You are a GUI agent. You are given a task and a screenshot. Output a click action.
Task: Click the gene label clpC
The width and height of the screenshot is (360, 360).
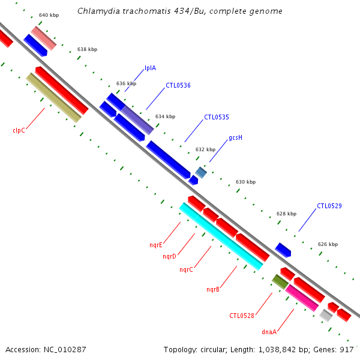pyautogui.click(x=19, y=130)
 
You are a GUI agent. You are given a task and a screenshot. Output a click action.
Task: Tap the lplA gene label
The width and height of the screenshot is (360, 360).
pyautogui.click(x=150, y=68)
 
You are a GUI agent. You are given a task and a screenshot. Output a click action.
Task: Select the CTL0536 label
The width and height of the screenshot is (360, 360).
pyautogui.click(x=178, y=85)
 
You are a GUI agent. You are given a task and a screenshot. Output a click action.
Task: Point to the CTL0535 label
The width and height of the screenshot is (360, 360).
pyautogui.click(x=217, y=117)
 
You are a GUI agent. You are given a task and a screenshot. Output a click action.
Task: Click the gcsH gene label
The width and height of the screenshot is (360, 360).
pyautogui.click(x=235, y=137)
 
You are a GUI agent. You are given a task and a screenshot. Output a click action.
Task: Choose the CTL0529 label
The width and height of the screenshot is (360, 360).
pyautogui.click(x=329, y=206)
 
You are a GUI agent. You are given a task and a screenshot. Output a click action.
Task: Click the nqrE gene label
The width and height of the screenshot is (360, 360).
pyautogui.click(x=156, y=245)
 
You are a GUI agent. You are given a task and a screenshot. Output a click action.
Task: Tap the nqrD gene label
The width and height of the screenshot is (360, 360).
pyautogui.click(x=169, y=257)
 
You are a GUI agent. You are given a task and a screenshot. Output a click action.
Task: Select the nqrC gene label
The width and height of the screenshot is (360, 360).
pyautogui.click(x=186, y=269)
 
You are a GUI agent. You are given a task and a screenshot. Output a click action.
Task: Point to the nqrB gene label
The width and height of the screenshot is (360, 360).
pyautogui.click(x=213, y=289)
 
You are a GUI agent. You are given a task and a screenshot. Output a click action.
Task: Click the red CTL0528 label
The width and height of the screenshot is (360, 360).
pyautogui.click(x=242, y=316)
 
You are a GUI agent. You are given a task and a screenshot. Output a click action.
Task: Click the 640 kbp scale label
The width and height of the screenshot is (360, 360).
pyautogui.click(x=48, y=14)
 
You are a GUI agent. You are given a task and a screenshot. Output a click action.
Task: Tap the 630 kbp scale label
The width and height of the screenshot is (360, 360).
pyautogui.click(x=245, y=182)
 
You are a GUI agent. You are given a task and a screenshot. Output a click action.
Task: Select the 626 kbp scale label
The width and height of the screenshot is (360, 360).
pyautogui.click(x=328, y=244)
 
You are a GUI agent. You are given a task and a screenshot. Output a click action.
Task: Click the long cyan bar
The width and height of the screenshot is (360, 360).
pyautogui.click(x=221, y=236)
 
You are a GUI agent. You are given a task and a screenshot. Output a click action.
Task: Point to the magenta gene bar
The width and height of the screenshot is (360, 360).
pyautogui.click(x=302, y=298)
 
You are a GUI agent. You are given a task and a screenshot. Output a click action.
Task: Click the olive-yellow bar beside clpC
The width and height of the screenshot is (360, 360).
pyautogui.click(x=53, y=98)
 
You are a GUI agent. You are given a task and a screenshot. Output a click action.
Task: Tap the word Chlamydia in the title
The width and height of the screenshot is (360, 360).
pyautogui.click(x=97, y=11)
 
